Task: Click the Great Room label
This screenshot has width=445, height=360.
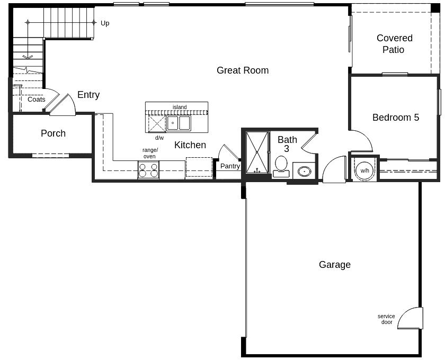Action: click(243, 70)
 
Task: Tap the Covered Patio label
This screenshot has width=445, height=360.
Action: click(394, 44)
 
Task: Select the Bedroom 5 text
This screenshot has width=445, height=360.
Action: click(395, 118)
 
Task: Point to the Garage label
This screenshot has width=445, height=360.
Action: click(334, 265)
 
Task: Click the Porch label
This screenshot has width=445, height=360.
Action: click(53, 133)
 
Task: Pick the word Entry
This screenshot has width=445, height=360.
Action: click(88, 95)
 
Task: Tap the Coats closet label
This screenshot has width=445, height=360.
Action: click(37, 100)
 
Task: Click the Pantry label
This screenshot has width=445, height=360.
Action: click(230, 166)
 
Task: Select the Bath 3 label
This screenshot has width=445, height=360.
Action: click(287, 144)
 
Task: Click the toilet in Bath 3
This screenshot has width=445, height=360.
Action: click(281, 165)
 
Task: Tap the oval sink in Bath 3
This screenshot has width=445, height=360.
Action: click(304, 171)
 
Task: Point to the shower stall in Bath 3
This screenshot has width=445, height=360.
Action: click(257, 152)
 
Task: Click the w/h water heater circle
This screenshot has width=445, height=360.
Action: click(364, 170)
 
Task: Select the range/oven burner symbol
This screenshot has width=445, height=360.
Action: click(148, 170)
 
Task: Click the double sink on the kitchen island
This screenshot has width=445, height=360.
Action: click(179, 123)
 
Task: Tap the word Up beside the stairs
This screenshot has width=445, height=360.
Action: click(105, 23)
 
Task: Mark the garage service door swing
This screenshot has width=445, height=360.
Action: click(411, 319)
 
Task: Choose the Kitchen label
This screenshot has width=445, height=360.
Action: click(190, 145)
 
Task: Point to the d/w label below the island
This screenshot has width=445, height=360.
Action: click(159, 138)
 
